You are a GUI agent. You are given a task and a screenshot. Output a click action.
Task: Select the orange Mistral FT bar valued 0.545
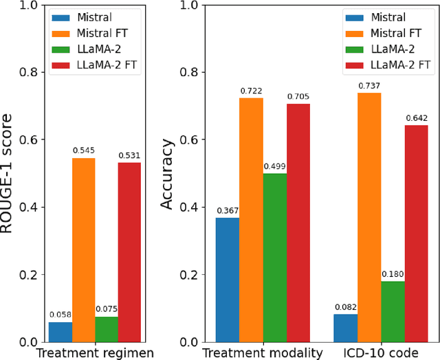pos(83,250)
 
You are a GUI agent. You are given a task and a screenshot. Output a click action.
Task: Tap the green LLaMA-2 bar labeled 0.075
pos(107,330)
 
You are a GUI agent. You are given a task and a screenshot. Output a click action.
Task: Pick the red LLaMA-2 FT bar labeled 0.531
pos(129,252)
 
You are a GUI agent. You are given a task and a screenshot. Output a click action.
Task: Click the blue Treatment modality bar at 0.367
pos(228,280)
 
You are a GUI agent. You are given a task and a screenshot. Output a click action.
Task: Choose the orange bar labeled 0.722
pos(251,220)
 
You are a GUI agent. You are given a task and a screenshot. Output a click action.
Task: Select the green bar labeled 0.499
pos(275,258)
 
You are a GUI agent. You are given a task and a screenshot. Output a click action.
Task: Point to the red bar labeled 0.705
pos(298,223)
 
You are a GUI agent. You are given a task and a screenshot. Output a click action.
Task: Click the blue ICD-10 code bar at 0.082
pos(346,328)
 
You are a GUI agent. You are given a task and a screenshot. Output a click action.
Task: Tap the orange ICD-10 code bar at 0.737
pos(369,218)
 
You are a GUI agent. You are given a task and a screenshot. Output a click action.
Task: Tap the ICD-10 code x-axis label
pos(381,353)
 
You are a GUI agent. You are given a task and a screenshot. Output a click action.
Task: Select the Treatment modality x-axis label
pos(263,353)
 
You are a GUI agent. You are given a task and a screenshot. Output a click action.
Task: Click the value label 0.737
pos(369,86)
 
